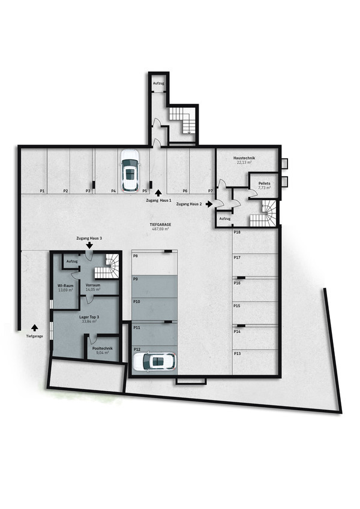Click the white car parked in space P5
pos(130,170)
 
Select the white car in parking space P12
pos(155,362)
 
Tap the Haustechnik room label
pos(244,158)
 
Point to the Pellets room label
pos(264,183)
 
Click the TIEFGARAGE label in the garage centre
pos(160,224)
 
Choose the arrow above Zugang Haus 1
pos(158,193)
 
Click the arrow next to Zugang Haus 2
pos(209,204)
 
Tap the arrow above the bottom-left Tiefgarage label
pos(35,327)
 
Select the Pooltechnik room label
pos(103,348)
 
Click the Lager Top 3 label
pos(89,317)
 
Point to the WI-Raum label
pos(65,285)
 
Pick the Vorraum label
pos(93,285)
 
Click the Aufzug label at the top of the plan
pos(158,83)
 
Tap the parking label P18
pos(237,233)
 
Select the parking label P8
pos(136,256)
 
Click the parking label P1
pos(42,191)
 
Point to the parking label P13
pos(237,353)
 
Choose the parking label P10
pos(137,302)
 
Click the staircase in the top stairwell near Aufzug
pos(182,120)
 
